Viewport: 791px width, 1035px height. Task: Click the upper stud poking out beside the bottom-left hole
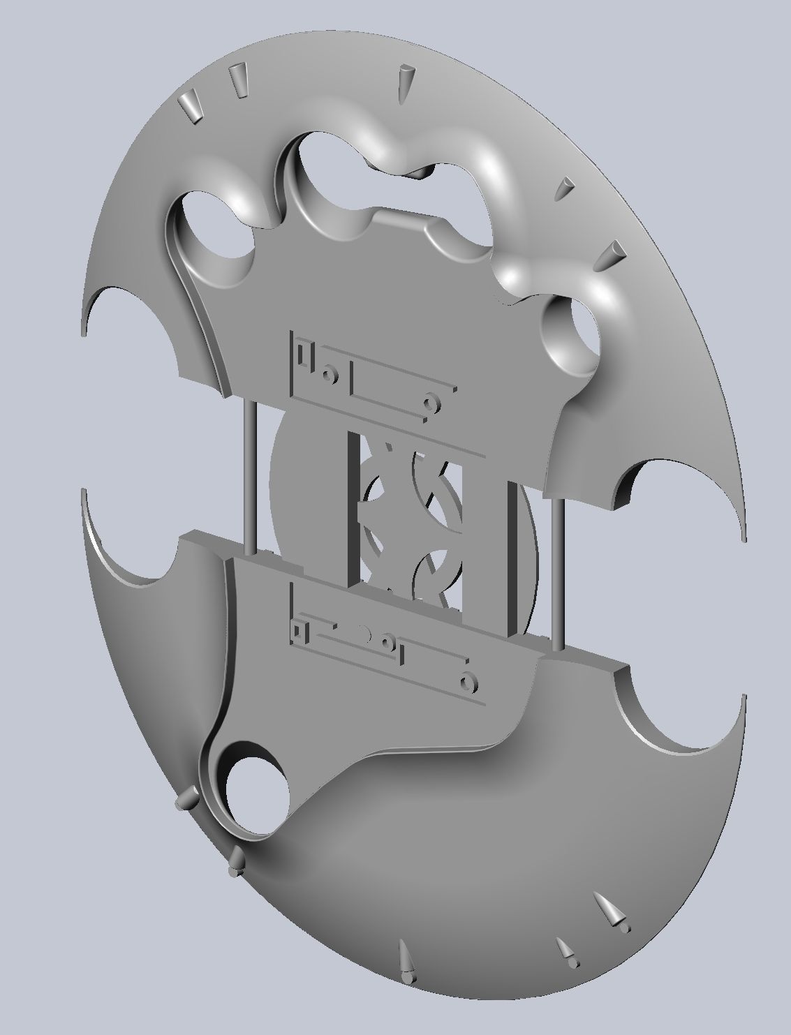[x=188, y=798]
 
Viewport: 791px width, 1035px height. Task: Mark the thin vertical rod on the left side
[x=249, y=475]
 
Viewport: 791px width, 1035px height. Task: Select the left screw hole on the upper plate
[x=327, y=375]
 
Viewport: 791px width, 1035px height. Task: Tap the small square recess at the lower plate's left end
[x=298, y=631]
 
